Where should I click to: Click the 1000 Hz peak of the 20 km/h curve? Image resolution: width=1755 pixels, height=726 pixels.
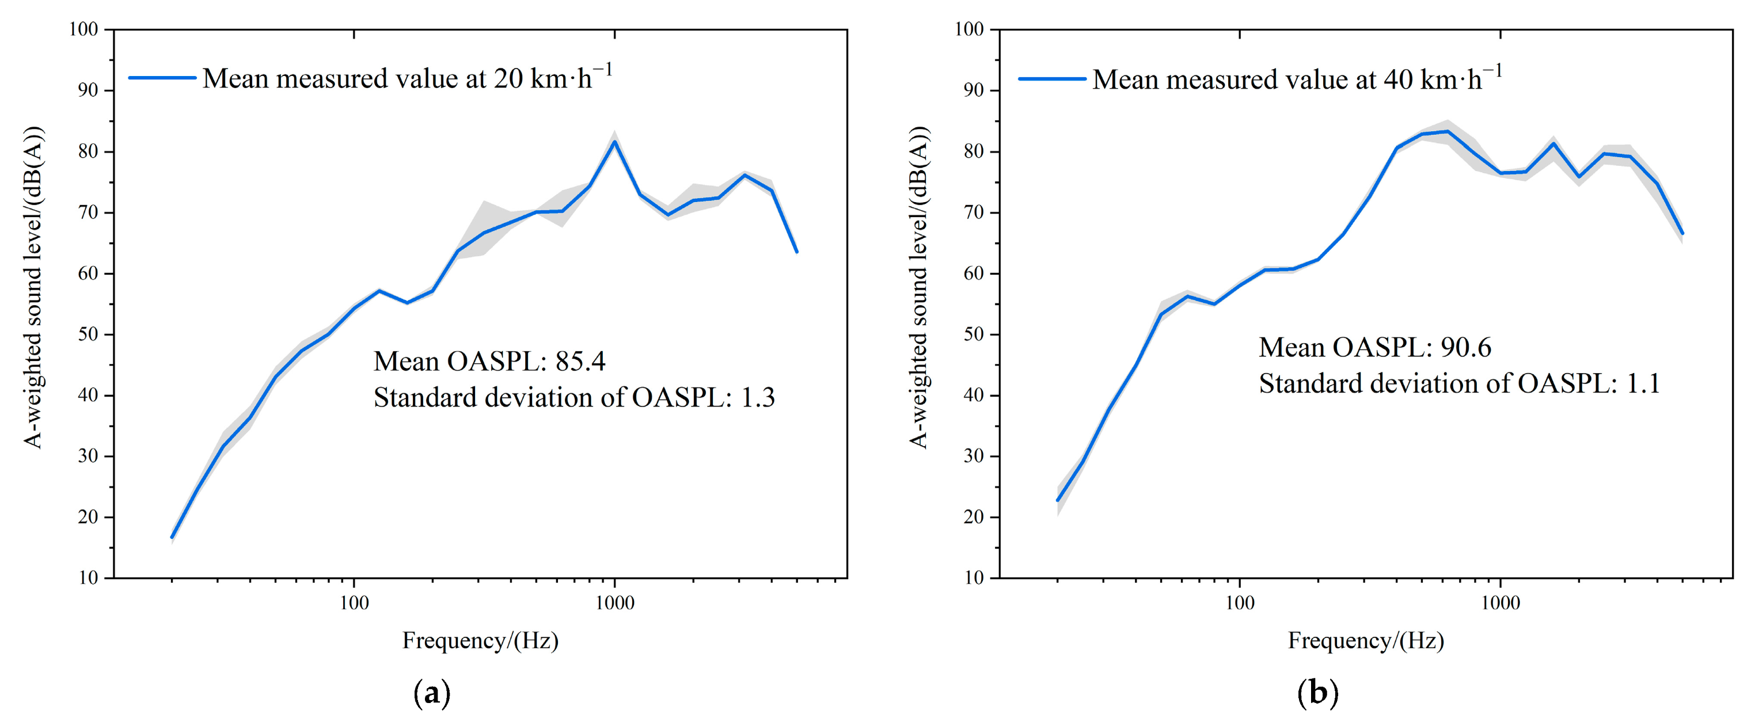tap(614, 142)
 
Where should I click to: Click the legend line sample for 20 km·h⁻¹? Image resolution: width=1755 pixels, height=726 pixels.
tap(162, 78)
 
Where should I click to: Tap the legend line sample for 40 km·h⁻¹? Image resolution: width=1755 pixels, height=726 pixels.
tap(1052, 79)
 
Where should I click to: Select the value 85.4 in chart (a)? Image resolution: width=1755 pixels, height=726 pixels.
tap(580, 361)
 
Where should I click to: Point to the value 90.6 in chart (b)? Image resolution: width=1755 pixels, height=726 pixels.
tap(1465, 347)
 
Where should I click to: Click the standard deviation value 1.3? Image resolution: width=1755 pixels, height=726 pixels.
tap(758, 397)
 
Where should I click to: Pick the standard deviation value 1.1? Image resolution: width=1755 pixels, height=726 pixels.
tap(1643, 383)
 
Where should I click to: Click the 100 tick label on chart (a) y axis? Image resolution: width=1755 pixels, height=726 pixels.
tap(84, 29)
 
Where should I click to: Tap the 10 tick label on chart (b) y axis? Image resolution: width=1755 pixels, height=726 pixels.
tap(974, 577)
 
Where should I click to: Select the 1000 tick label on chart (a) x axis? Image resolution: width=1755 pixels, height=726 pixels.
tap(614, 603)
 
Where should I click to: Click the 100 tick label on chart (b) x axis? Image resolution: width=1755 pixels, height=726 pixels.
tap(1239, 603)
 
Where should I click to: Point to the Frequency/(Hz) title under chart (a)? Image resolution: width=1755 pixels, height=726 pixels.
tap(480, 640)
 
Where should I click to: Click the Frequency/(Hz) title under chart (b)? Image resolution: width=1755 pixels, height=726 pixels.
tap(1366, 640)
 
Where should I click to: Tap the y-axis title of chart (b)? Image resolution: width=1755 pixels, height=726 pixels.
tap(919, 287)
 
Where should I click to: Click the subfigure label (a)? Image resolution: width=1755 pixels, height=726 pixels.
tap(432, 693)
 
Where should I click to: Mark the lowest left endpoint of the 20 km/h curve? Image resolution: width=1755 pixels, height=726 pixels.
tap(172, 537)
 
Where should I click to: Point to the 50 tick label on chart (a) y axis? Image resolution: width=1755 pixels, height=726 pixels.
tap(89, 335)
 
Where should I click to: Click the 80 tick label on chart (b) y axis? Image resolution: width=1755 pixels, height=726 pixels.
tap(974, 151)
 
